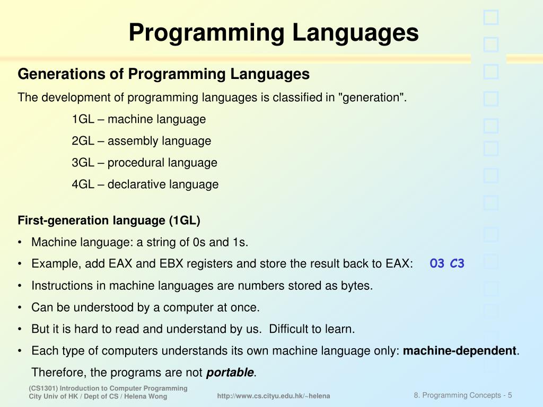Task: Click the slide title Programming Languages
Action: [x=273, y=32]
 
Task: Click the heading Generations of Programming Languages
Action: [x=163, y=74]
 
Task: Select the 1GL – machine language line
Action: [x=139, y=119]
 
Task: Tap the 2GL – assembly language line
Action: [x=142, y=141]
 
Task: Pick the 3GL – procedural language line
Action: [x=145, y=163]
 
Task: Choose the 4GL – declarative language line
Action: [x=145, y=184]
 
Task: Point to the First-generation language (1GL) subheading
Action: [x=109, y=220]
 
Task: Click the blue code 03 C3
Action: [x=447, y=263]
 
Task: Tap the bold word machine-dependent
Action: [x=460, y=350]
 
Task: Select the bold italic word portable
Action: [x=230, y=373]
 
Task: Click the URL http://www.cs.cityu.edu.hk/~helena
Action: [x=274, y=396]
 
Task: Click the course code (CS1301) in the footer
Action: [x=43, y=388]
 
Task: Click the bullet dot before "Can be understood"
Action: [x=20, y=308]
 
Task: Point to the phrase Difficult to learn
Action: [x=312, y=329]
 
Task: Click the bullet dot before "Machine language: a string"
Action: [x=20, y=243]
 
